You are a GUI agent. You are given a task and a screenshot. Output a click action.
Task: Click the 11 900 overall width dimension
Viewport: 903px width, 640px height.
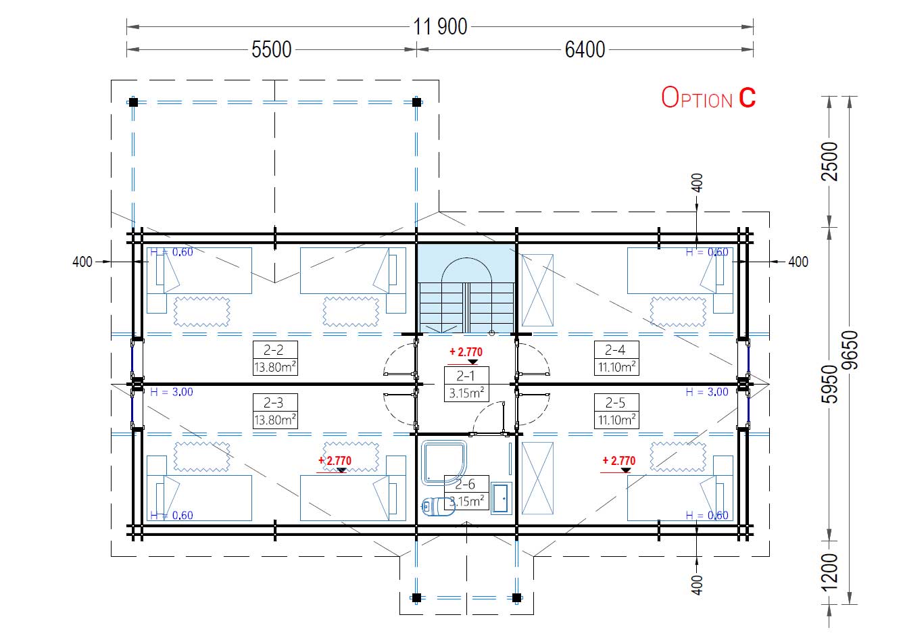(x=440, y=27)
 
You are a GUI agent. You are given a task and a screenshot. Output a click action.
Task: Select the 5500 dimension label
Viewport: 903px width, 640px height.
(x=271, y=49)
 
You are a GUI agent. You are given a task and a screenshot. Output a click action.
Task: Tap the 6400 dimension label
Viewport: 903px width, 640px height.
(x=585, y=49)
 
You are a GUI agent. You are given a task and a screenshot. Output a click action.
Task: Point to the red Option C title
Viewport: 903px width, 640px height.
(x=708, y=97)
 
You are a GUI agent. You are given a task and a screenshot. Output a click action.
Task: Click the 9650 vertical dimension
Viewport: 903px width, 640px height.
(x=850, y=350)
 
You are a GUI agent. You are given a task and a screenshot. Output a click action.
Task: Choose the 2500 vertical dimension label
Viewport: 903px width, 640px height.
(x=829, y=162)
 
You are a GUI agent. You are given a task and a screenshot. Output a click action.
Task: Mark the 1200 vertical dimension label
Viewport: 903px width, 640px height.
(x=829, y=572)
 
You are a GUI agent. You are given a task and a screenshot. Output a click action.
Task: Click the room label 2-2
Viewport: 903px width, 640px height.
(x=273, y=350)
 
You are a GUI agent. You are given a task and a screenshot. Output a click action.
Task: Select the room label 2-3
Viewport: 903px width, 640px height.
(x=273, y=402)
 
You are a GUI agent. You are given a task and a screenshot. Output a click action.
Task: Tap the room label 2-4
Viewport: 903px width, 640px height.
(x=615, y=350)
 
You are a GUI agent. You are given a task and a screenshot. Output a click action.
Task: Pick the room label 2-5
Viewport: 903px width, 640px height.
(x=615, y=402)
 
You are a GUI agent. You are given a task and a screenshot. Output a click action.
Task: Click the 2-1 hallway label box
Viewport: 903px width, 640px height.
(x=466, y=384)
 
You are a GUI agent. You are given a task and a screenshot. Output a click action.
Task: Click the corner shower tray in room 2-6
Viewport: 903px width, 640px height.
(x=444, y=463)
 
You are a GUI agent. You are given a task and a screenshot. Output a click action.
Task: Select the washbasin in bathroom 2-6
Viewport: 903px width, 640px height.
(x=501, y=498)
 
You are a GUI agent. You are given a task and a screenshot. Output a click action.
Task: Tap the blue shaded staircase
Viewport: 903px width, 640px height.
(x=466, y=289)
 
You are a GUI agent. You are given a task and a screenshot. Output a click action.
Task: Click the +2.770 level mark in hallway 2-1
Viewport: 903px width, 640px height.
(x=466, y=352)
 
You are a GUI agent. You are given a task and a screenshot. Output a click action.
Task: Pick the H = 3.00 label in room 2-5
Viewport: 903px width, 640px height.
(x=707, y=392)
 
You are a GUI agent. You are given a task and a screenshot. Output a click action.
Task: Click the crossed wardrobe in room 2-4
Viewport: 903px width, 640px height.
(x=537, y=290)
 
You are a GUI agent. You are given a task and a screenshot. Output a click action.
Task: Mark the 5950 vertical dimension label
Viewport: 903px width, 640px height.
(x=829, y=384)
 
